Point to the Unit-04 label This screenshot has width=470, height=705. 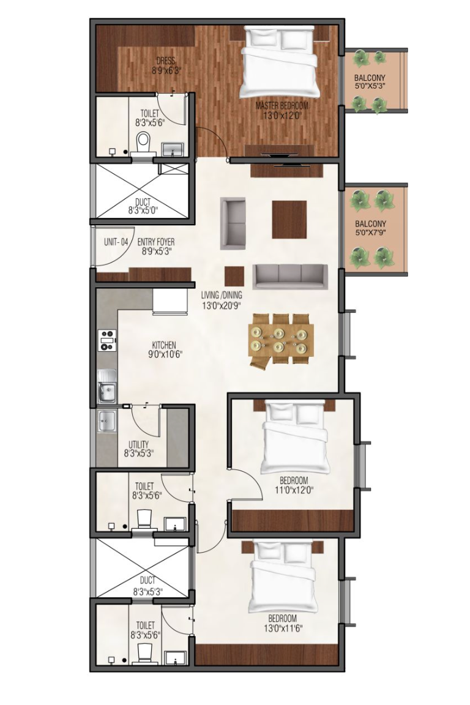(x=116, y=242)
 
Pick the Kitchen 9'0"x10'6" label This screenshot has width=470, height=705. (x=164, y=349)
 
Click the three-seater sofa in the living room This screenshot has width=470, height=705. (x=290, y=277)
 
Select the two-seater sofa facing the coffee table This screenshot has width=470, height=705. (x=233, y=223)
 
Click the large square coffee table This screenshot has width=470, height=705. (x=289, y=220)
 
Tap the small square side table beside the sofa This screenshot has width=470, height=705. (x=234, y=277)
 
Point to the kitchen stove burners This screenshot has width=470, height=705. (x=108, y=340)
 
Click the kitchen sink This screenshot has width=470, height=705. (x=107, y=387)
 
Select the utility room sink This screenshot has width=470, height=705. (x=106, y=422)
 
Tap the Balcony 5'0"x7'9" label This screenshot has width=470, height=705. (x=371, y=228)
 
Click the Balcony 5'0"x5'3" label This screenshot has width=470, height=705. (x=370, y=81)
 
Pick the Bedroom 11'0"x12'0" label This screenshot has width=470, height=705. (x=294, y=485)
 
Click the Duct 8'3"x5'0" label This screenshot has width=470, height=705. (x=143, y=206)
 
